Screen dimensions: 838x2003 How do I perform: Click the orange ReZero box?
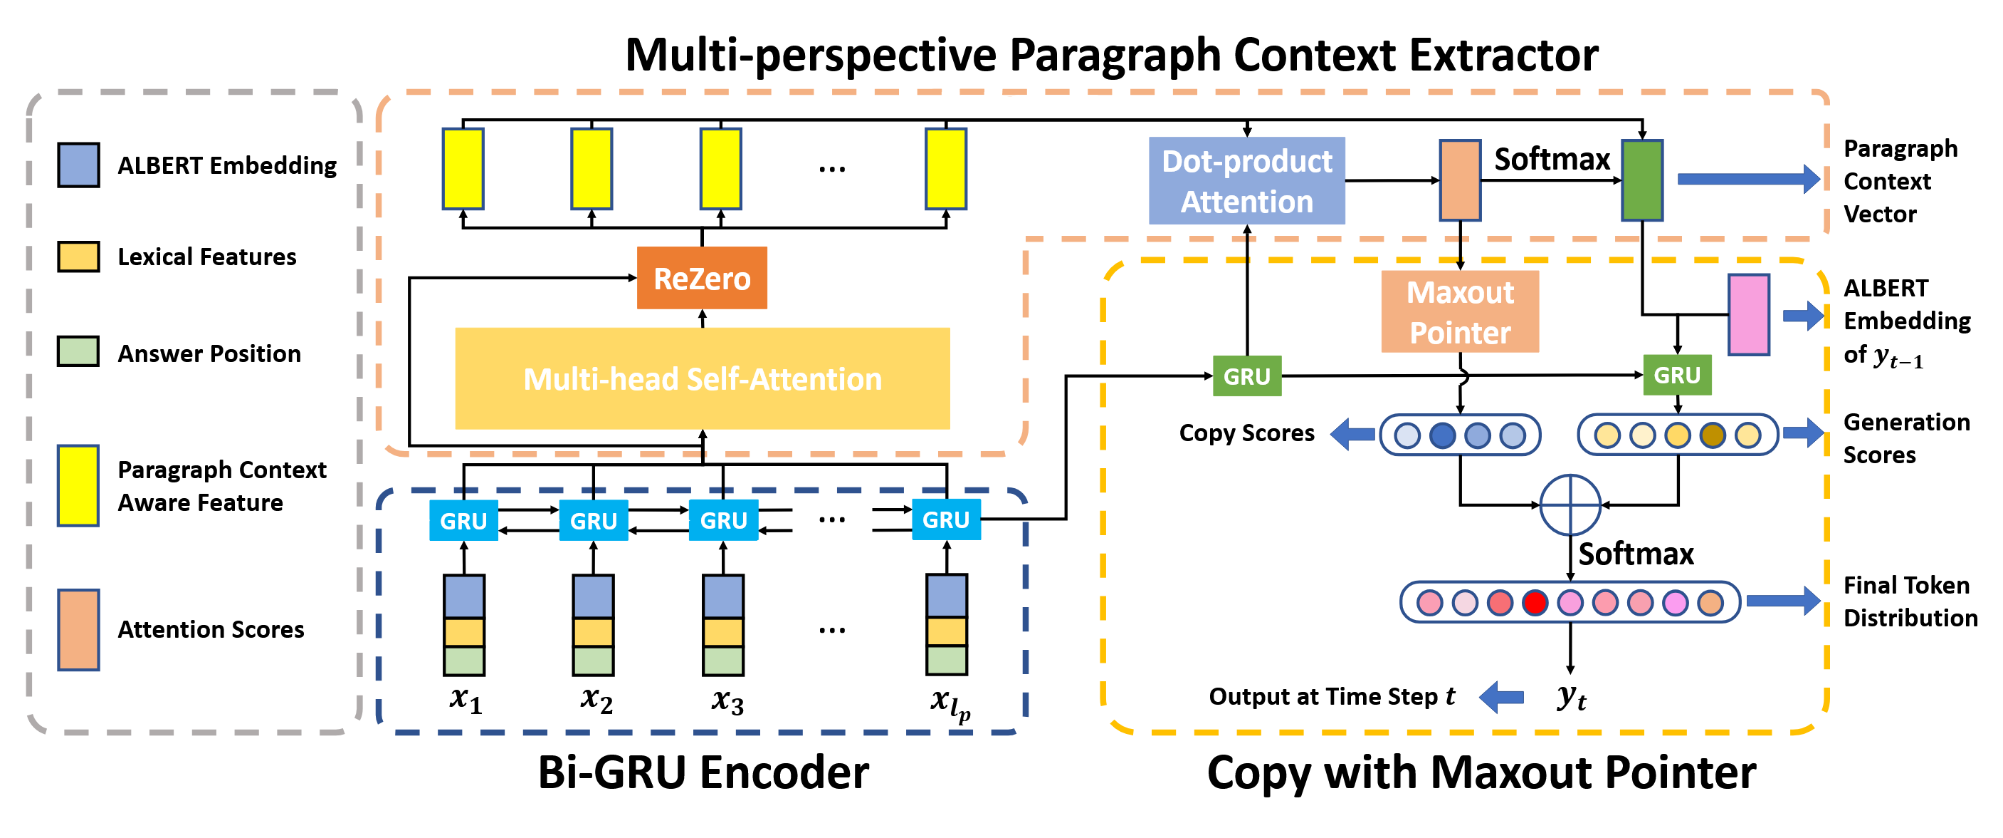[x=701, y=278]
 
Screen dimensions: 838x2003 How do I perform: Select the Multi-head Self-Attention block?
[x=701, y=378]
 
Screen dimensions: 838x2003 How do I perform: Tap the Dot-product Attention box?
[x=1246, y=180]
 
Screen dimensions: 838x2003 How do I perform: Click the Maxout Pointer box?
[x=1459, y=312]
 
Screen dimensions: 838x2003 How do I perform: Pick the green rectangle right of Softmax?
[x=1641, y=180]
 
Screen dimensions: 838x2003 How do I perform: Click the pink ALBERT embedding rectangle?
[x=1748, y=314]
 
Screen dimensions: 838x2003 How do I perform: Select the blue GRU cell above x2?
[x=593, y=519]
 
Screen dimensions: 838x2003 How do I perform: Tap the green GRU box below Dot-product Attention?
[x=1246, y=376]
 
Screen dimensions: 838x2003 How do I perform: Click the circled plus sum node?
[x=1570, y=505]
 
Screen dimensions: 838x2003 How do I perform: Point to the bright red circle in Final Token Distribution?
[x=1535, y=602]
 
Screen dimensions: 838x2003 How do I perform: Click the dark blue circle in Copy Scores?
[x=1441, y=435]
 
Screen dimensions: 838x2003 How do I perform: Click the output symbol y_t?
[x=1571, y=696]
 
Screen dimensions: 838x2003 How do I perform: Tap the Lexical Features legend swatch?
[x=78, y=256]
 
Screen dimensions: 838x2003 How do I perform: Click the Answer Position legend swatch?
[x=78, y=352]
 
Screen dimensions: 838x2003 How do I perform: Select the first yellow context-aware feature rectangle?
[x=463, y=169]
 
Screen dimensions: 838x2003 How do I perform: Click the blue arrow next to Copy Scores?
[x=1353, y=433]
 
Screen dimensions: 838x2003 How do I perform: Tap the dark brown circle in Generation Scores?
[x=1712, y=435]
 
